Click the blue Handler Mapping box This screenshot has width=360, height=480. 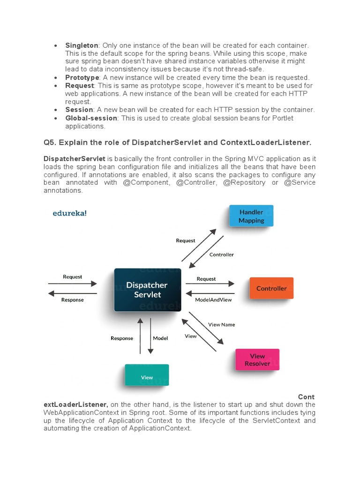(x=251, y=216)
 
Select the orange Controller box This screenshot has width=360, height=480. (x=271, y=288)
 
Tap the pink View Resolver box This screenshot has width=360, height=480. (x=257, y=360)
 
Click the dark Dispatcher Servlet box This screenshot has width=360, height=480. (x=147, y=290)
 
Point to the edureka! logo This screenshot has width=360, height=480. (x=69, y=213)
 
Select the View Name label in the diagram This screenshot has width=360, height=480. (x=222, y=324)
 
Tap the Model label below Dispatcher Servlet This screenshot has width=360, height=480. (x=160, y=338)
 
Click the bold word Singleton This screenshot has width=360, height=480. (x=82, y=45)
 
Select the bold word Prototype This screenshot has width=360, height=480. (x=82, y=77)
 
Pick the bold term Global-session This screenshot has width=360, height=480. (x=91, y=118)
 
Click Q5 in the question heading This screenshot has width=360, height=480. (x=50, y=142)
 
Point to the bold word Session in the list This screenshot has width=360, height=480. (x=79, y=110)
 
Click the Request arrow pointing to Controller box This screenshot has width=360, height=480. (x=210, y=284)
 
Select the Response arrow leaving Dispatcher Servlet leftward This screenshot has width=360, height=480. (x=73, y=293)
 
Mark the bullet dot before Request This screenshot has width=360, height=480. (x=56, y=86)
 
